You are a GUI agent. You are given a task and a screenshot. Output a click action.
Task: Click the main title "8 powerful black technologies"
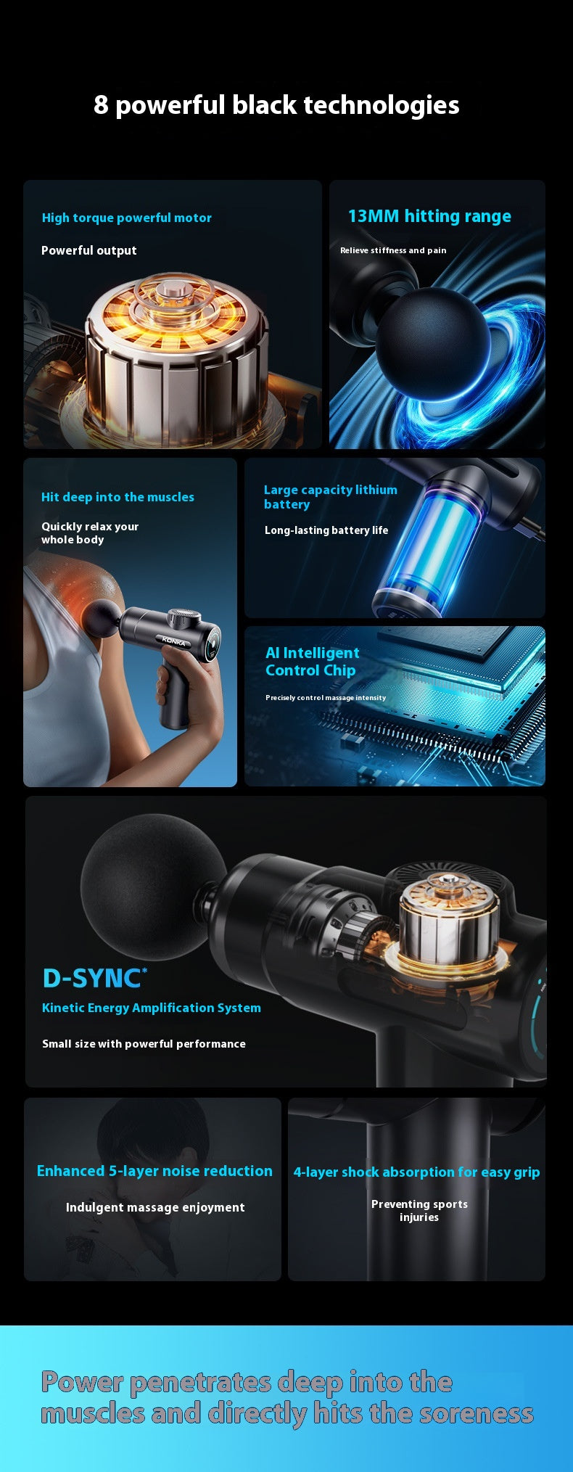coord(276,105)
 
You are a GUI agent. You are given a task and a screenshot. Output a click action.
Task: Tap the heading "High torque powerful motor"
coord(127,218)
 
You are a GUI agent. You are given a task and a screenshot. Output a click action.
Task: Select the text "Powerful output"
coord(88,250)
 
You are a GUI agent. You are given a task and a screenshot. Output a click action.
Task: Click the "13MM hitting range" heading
coord(429,216)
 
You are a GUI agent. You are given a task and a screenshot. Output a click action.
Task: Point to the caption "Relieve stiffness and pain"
coord(393,250)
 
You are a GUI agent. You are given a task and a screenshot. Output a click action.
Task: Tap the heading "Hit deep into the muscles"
coord(118,497)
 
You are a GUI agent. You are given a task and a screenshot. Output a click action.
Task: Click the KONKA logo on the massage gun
coord(175,641)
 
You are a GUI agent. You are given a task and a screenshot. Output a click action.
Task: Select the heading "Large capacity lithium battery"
coord(330,497)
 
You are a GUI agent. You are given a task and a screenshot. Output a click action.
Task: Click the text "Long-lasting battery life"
coord(326,530)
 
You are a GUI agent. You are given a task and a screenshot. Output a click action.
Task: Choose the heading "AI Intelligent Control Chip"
coord(312,662)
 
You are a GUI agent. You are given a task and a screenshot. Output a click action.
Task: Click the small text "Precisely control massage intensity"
coord(326,698)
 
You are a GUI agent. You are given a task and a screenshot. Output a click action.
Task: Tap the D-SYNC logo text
coord(94,979)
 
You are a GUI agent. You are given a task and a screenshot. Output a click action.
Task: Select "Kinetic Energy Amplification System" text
coord(151,1008)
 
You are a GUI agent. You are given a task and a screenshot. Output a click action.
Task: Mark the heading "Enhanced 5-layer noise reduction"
coord(154,1171)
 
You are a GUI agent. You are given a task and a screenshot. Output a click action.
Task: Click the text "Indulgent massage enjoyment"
coord(155,1207)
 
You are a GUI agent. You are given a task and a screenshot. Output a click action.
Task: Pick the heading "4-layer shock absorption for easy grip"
coord(416,1172)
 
